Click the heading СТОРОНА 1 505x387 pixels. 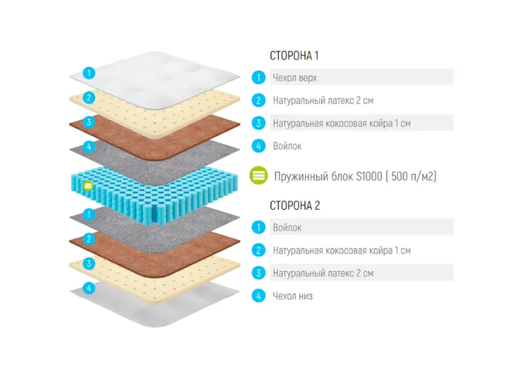pos(294,56)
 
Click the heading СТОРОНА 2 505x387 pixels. pos(294,206)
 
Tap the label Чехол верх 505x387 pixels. pos(294,77)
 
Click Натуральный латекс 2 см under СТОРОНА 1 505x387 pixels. pos(323,100)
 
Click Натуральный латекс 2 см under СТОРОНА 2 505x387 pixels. pos(323,273)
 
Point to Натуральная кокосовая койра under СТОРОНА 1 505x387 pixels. pos(341,123)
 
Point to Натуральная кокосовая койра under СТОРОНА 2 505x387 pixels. pos(341,251)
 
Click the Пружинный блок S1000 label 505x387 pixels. pos(355,176)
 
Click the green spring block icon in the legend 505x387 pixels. pos(259,176)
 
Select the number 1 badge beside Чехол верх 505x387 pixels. pos(257,77)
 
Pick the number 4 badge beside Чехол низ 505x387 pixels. pos(257,296)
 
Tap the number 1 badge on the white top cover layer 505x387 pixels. pos(89,74)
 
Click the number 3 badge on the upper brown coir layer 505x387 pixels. pos(89,122)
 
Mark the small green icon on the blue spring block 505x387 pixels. pos(88,186)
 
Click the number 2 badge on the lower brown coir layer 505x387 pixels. pos(89,238)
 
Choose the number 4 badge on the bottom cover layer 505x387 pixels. pos(89,288)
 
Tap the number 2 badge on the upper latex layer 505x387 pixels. pos(89,98)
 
